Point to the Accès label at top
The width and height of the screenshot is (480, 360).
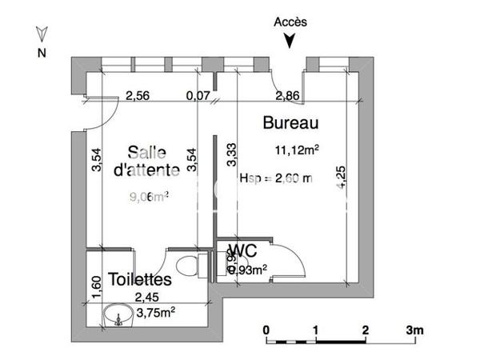click(290, 22)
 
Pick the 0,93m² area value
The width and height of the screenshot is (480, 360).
click(247, 270)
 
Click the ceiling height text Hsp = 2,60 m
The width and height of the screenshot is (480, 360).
click(275, 179)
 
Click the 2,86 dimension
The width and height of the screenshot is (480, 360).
click(288, 97)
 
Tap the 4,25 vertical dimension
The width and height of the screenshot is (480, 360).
click(342, 176)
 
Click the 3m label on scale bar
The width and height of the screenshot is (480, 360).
click(413, 330)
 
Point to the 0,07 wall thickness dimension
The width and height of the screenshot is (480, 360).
click(198, 97)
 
